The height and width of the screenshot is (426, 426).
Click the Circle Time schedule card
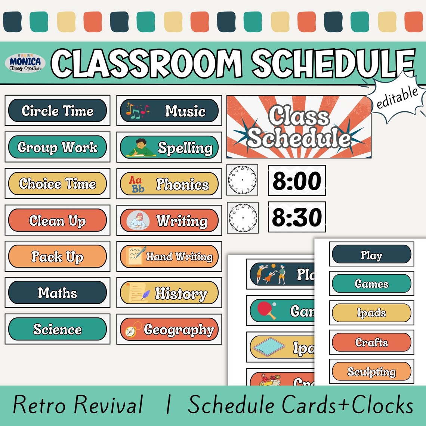click(x=58, y=111)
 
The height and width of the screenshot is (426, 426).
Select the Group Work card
click(x=58, y=147)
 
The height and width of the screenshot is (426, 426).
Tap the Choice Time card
click(x=58, y=183)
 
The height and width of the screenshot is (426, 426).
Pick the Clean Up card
click(x=58, y=220)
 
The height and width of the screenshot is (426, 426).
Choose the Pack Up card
click(x=58, y=256)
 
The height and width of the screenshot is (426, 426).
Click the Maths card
click(x=58, y=293)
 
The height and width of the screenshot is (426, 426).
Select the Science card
click(x=58, y=329)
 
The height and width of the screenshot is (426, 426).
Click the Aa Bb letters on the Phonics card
click(x=137, y=184)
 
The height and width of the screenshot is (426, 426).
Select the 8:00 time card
click(x=297, y=180)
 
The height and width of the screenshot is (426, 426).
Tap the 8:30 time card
click(x=297, y=217)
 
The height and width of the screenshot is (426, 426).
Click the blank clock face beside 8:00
click(x=242, y=180)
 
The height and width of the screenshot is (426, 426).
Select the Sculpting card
click(x=371, y=371)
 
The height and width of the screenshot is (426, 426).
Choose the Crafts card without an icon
click(x=371, y=342)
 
